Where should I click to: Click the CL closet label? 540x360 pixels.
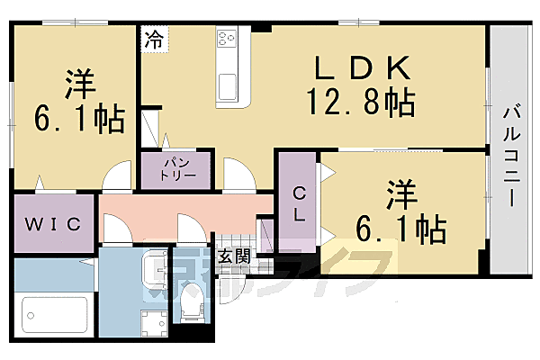coord(296,203)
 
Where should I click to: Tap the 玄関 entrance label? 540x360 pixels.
coord(233,256)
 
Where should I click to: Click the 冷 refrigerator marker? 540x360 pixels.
coord(154,39)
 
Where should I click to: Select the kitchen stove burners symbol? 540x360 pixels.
coord(226,40)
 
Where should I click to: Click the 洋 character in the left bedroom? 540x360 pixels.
coord(76,84)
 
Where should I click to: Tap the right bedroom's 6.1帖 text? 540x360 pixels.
coord(401,230)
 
